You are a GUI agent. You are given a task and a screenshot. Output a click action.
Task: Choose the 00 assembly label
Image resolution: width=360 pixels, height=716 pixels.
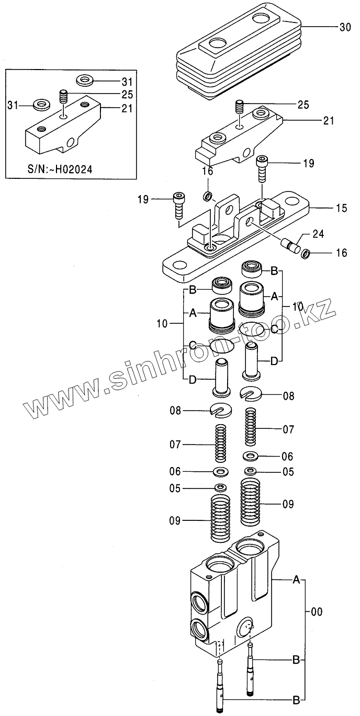[x=317, y=611]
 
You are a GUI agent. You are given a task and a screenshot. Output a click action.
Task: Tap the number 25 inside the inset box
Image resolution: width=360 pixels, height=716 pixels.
[x=127, y=95]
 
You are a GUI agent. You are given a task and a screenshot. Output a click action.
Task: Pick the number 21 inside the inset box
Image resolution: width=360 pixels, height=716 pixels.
[x=127, y=108]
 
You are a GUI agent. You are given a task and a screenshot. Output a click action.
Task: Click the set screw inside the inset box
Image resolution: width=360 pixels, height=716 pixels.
[x=63, y=97]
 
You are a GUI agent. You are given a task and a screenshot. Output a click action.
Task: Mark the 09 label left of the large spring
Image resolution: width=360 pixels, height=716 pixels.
[x=174, y=521]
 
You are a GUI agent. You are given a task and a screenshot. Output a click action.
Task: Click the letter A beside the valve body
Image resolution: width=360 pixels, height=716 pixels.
[x=296, y=579]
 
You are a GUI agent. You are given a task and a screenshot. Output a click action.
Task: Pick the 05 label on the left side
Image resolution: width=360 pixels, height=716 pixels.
[x=174, y=488]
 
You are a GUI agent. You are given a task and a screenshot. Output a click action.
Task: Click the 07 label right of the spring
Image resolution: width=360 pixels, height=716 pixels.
[x=288, y=430]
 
